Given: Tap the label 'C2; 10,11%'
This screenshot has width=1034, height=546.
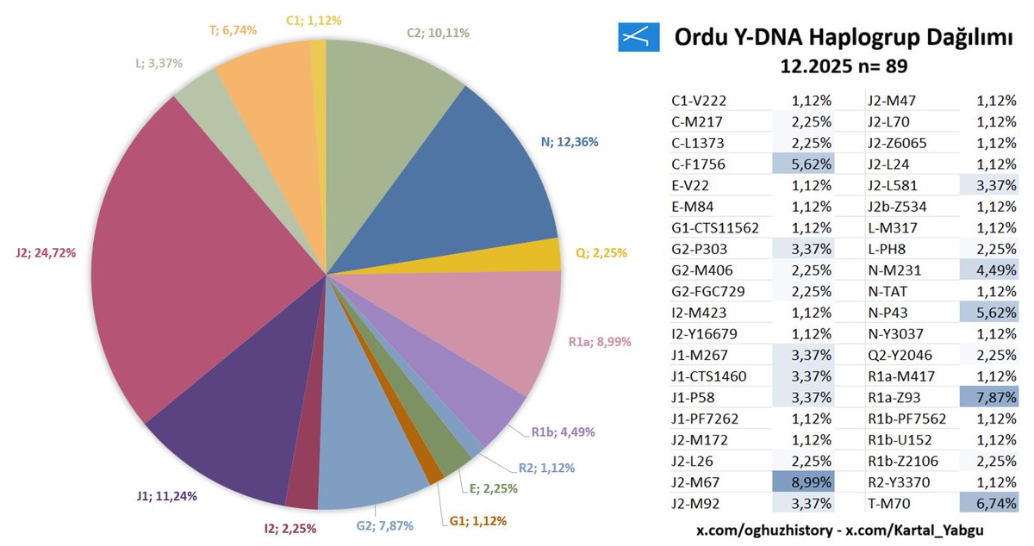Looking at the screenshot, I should pos(438,34).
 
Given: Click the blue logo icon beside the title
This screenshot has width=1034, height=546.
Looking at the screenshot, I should pos(638,37).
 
